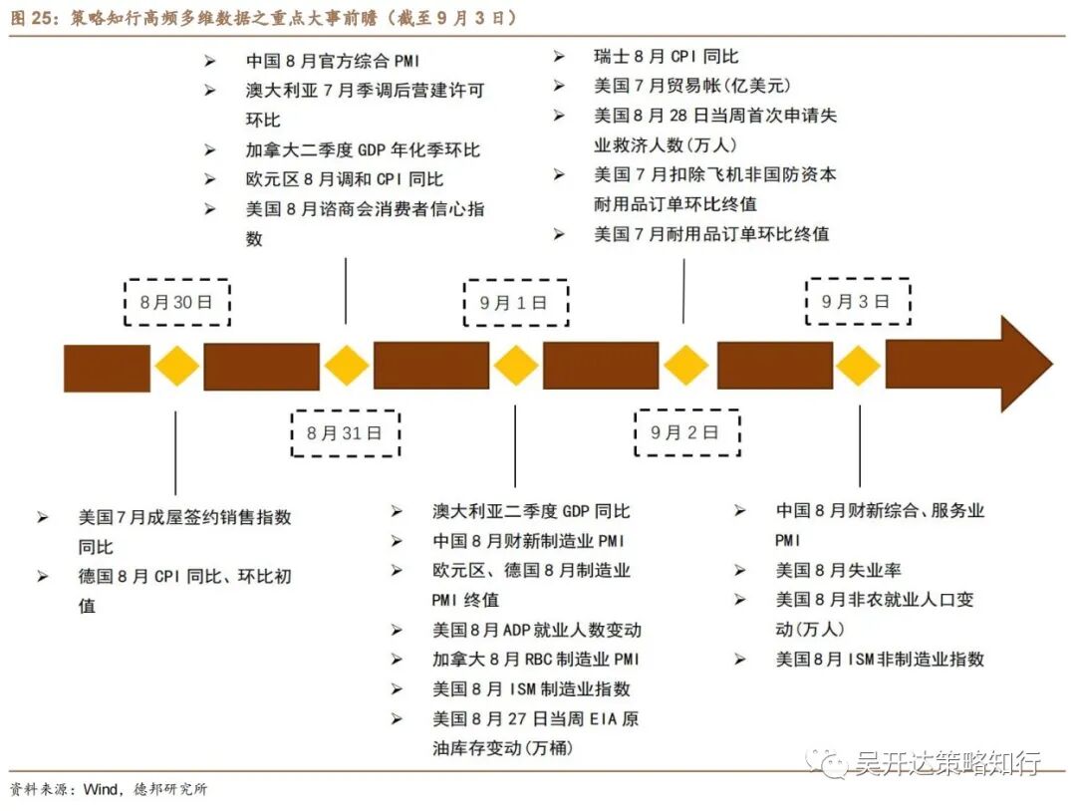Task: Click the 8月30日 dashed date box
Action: point(177,303)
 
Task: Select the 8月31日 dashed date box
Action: point(345,432)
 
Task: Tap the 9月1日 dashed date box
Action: point(516,303)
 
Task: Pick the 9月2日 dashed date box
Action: point(685,432)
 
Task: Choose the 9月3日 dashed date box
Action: point(857,301)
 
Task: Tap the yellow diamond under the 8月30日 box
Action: point(177,367)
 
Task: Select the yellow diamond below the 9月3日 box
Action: point(858,367)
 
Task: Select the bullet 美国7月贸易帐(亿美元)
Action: point(692,86)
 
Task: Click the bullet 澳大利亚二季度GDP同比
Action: point(531,511)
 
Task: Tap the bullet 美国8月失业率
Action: point(838,570)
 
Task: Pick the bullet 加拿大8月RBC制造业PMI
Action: point(536,659)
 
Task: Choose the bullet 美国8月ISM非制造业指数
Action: point(880,659)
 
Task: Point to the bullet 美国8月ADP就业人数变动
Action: point(537,630)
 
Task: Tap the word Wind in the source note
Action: point(102,790)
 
